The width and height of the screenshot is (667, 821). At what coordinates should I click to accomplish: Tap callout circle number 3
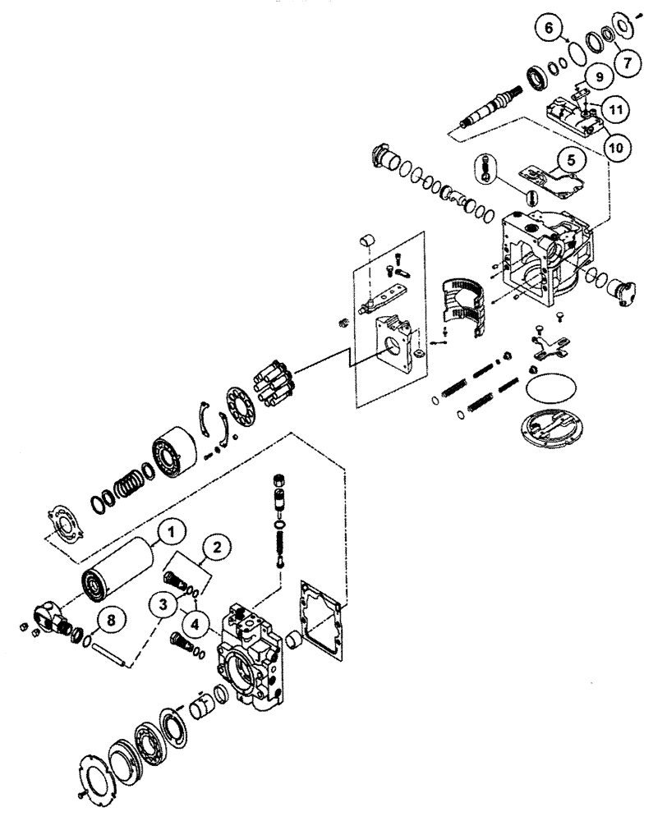click(x=164, y=606)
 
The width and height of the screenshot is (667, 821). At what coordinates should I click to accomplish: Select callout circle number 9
click(x=598, y=77)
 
